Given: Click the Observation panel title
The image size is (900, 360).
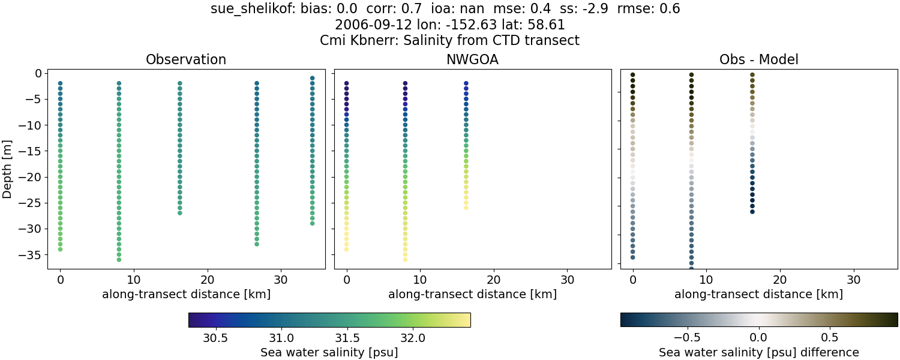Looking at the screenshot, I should (186, 60).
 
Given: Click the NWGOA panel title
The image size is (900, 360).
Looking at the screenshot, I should (472, 60).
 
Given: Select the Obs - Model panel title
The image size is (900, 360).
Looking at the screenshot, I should (758, 60).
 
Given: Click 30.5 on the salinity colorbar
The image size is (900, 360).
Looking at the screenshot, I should (215, 337).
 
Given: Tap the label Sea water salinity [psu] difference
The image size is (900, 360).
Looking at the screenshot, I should (758, 352).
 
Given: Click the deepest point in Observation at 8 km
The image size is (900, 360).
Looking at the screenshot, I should (119, 259).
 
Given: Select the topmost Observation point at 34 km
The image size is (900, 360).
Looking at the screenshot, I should (312, 78).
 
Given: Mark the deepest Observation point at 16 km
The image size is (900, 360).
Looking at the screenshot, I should (179, 212).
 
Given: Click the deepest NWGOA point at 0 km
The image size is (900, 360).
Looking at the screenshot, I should (346, 249).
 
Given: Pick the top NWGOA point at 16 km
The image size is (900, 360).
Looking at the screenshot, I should (466, 83).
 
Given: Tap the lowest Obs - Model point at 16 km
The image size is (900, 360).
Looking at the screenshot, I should (752, 211).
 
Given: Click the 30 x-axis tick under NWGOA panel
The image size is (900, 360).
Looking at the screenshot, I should (568, 280).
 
